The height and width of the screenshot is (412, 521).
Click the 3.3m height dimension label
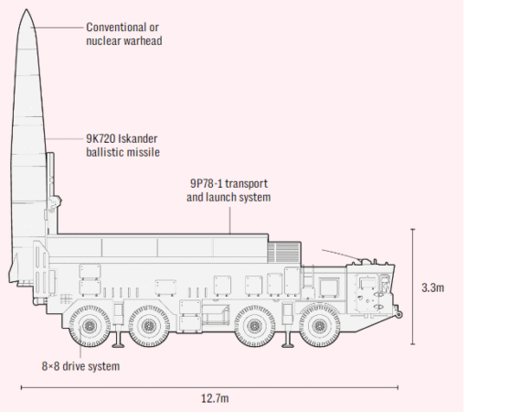click(x=432, y=287)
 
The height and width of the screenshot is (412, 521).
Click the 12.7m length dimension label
click(x=215, y=398)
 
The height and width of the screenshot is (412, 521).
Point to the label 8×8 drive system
click(x=80, y=366)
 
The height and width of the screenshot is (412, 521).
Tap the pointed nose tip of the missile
click(x=27, y=10)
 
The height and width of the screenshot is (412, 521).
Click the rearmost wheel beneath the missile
click(x=89, y=326)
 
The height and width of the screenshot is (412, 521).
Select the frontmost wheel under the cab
click(x=320, y=326)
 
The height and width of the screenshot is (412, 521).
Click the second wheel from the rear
click(x=149, y=326)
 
